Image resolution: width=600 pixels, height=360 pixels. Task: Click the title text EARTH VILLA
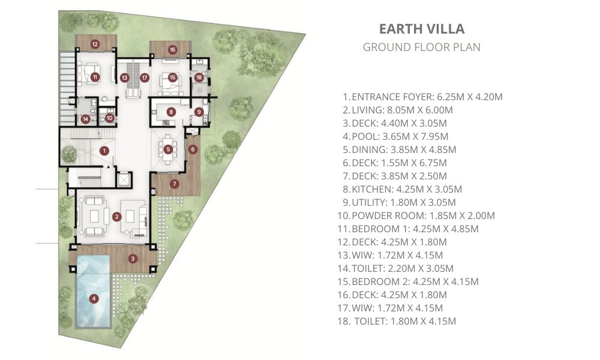[x=422, y=29]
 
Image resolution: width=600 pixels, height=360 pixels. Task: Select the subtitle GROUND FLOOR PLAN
[x=421, y=47]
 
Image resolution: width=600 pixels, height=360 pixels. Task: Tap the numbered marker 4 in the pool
[x=94, y=298]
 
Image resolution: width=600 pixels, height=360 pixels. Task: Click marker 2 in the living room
[x=117, y=217]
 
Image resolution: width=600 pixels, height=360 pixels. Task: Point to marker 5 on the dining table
[x=168, y=149]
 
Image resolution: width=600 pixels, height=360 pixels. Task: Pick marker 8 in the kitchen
[x=171, y=112]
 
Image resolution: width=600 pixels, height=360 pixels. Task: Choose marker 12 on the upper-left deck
[x=95, y=44]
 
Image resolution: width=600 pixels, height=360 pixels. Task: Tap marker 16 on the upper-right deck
[x=172, y=49]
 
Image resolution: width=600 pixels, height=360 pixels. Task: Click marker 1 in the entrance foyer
[x=104, y=151]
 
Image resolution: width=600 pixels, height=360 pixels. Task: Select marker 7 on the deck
[x=175, y=184]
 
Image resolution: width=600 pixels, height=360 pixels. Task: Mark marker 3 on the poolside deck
[x=133, y=259]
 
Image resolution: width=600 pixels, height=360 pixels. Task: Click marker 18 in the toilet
[x=199, y=77]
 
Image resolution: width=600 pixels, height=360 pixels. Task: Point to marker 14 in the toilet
[x=86, y=119]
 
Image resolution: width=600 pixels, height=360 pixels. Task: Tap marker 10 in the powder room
[x=109, y=118]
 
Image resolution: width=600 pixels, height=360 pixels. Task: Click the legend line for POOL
[x=395, y=137]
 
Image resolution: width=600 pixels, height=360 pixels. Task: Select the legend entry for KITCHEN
[x=402, y=190]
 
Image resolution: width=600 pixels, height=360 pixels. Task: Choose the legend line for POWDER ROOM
[x=416, y=216]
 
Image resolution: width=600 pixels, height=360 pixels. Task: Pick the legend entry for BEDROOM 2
[x=408, y=281]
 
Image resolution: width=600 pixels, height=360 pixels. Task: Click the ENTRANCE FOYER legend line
[x=422, y=97]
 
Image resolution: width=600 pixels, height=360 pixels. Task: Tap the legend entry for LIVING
[x=398, y=110]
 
